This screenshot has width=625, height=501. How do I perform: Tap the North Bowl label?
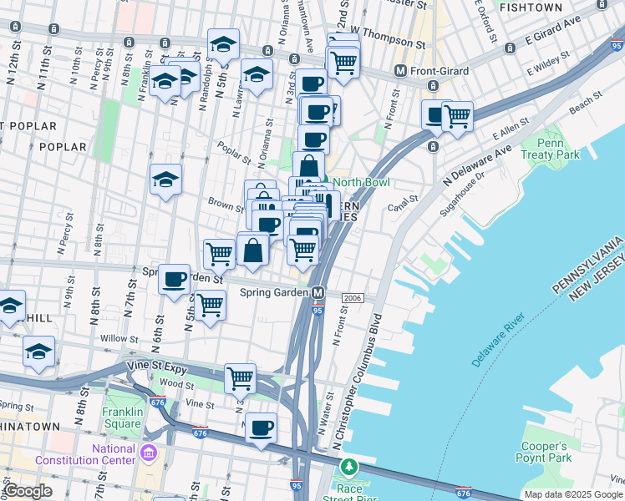[x=361, y=182]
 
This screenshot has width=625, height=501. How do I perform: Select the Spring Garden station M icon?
[x=318, y=293]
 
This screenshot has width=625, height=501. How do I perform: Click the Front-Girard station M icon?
[x=401, y=71]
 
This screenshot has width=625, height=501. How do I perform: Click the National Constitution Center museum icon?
[x=149, y=453]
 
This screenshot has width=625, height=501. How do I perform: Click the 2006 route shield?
[x=352, y=298]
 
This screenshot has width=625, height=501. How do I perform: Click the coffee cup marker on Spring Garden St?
[x=174, y=279]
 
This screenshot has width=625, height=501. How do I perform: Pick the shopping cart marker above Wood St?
[x=240, y=377]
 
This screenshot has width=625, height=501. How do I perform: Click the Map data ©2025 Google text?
[x=572, y=494]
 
